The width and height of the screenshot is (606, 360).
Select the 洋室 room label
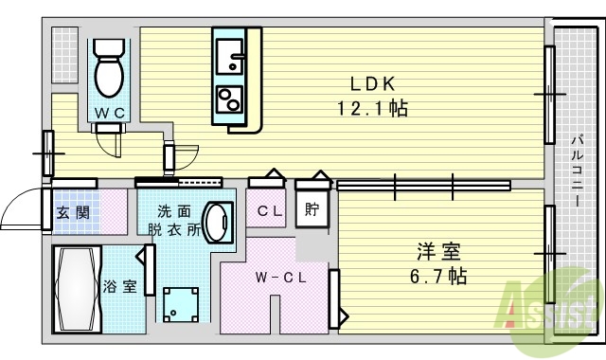tap(438, 252)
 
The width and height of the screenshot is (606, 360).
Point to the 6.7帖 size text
tap(438, 277)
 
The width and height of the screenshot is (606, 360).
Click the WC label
tap(110, 113)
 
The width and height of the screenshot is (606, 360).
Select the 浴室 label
tap(119, 286)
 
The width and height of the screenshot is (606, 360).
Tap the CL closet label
tap(270, 211)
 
